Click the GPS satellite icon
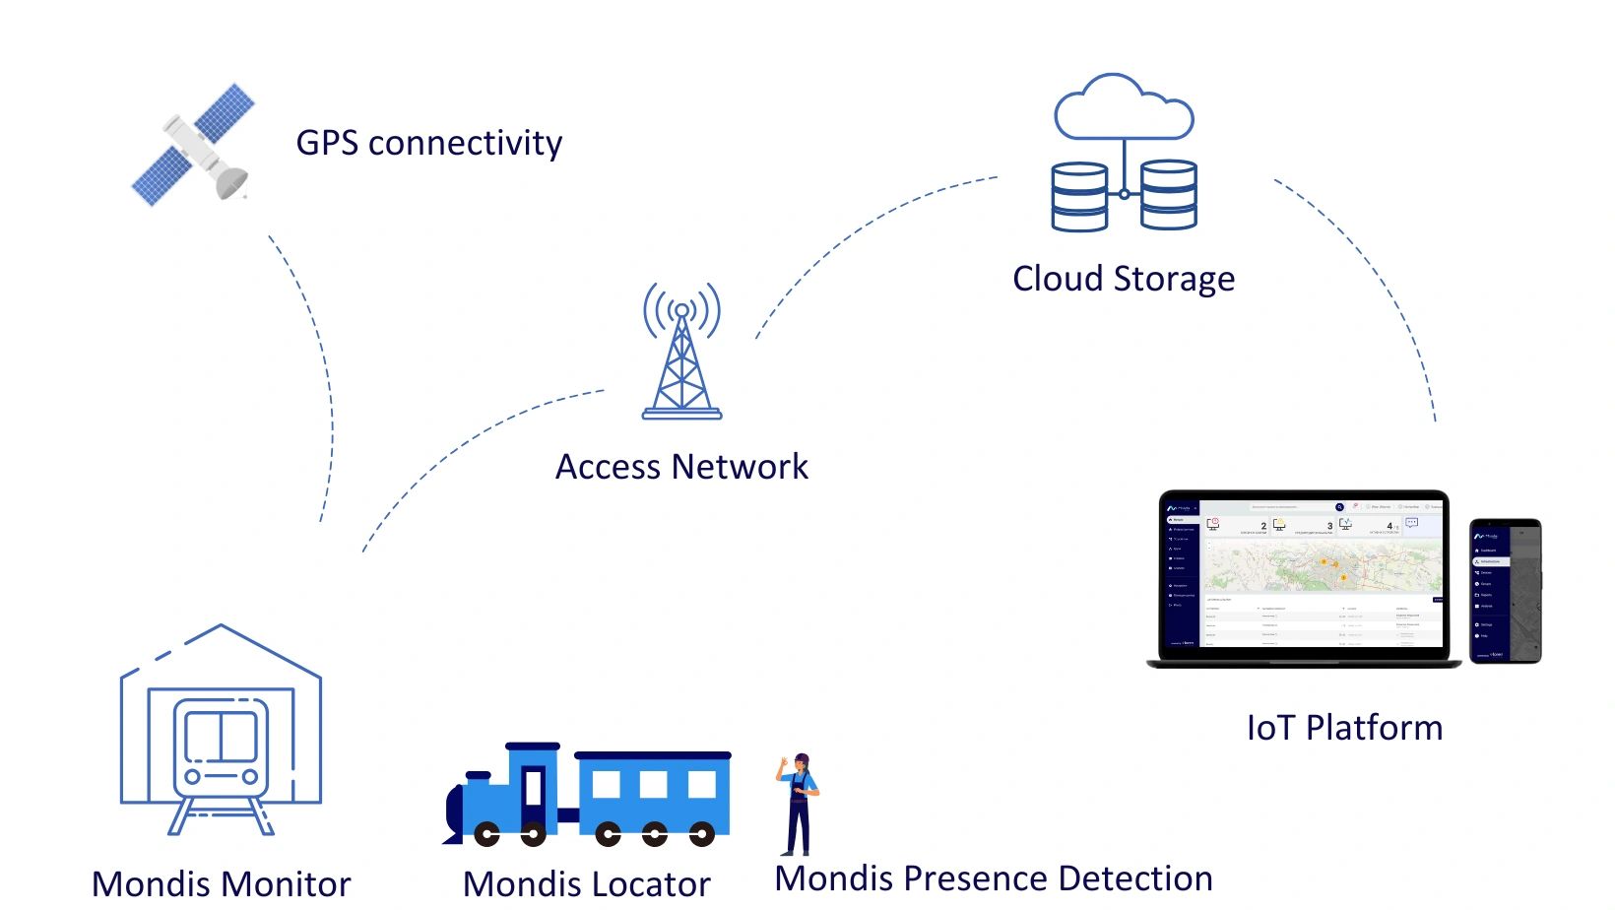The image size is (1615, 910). pos(195,146)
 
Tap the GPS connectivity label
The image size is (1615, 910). pos(428,143)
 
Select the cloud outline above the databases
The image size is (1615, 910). pos(1124,108)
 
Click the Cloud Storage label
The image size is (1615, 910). pos(1123,279)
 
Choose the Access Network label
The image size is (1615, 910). pos(681,467)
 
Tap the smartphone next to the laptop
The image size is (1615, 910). pos(1505,591)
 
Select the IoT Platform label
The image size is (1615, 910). pos(1344,728)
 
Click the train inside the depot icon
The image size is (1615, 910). pos(221,748)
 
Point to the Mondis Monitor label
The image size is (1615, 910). pos(221,883)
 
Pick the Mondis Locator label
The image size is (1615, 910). pos(586,883)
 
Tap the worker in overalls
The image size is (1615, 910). pos(799,803)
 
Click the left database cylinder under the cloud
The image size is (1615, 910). pos(1079,197)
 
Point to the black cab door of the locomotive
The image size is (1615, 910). pos(534,789)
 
